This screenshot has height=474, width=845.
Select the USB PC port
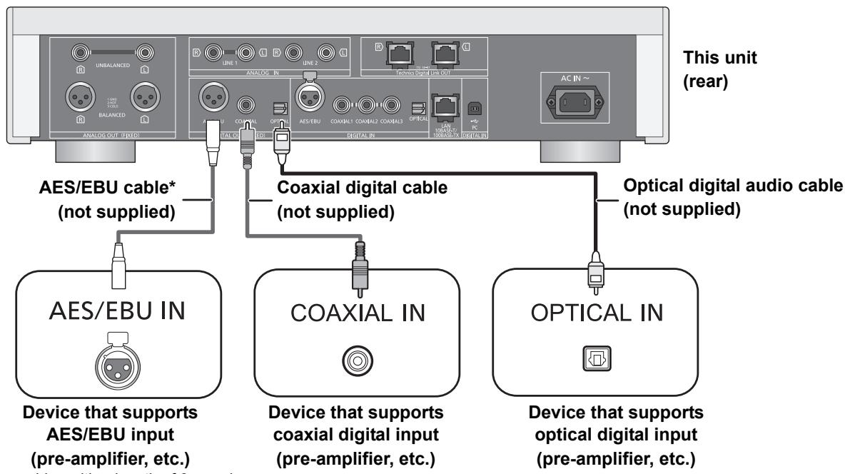pos(472,108)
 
